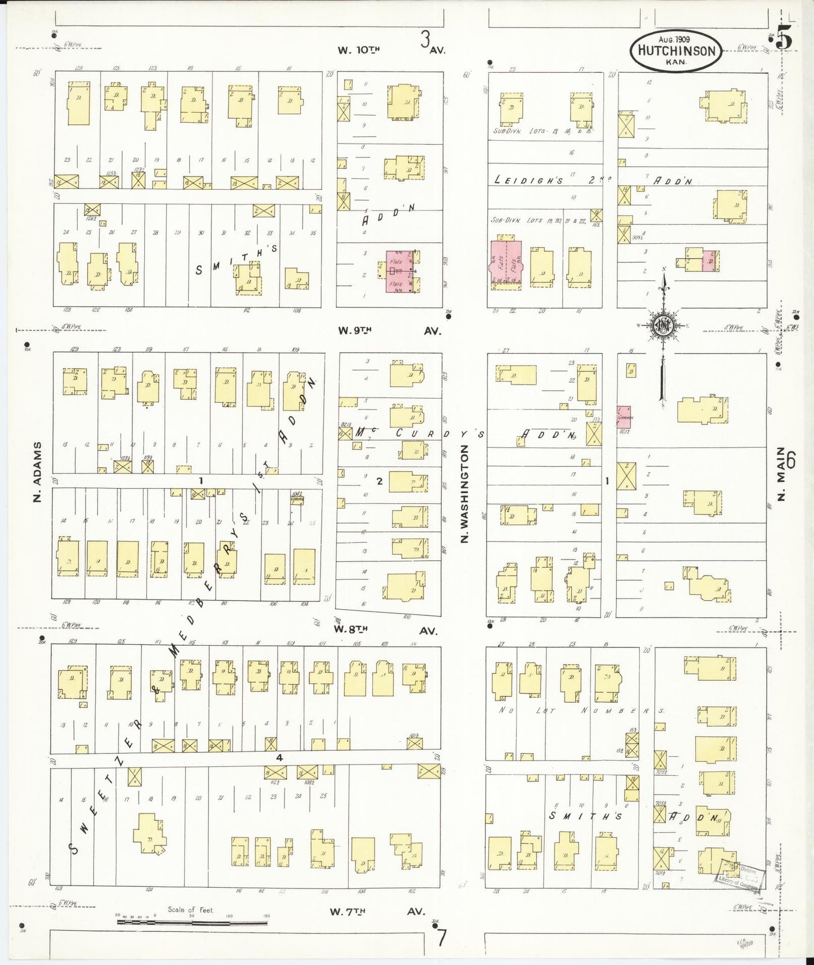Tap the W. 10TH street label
point(359,50)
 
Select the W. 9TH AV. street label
point(389,331)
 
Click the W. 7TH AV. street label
point(377,912)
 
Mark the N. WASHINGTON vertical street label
point(465,494)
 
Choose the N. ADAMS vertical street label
point(38,472)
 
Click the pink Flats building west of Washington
point(401,272)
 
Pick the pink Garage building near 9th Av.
point(624,418)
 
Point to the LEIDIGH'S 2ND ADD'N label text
point(591,180)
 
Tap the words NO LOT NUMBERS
point(580,711)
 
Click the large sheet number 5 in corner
point(784,39)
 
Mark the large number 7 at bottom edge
point(442,938)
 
